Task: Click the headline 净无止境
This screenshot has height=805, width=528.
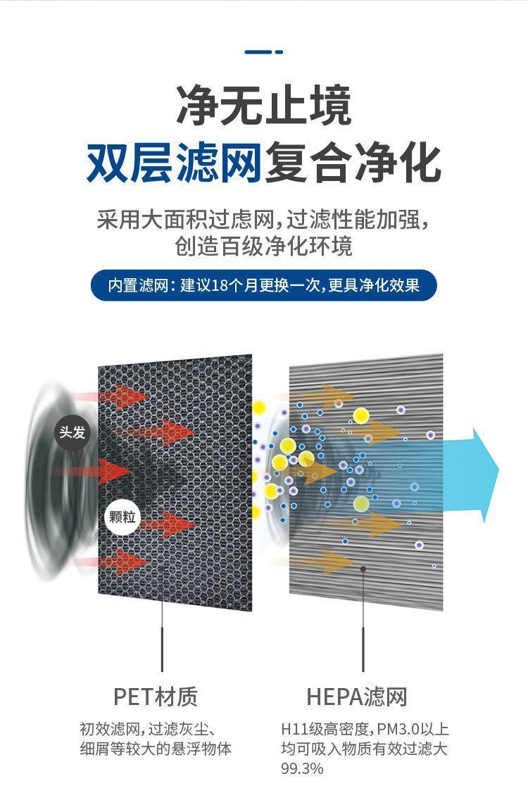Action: tap(264, 106)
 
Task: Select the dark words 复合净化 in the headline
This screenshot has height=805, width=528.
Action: tap(353, 163)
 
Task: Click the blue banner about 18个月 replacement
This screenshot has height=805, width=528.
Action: tap(264, 285)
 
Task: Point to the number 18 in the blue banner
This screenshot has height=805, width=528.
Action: tap(219, 285)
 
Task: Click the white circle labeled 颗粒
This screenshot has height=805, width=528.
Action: tap(122, 516)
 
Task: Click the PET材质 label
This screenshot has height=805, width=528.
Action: tap(156, 697)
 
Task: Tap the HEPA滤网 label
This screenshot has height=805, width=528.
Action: tap(357, 697)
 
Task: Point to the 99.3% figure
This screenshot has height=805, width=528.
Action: tap(302, 768)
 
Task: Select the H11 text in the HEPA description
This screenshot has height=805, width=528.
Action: tap(291, 729)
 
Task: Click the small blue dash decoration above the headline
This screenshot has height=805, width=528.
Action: tap(264, 52)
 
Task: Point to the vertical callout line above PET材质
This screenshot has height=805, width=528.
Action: tap(162, 619)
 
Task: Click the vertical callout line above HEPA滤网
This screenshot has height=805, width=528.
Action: tap(363, 619)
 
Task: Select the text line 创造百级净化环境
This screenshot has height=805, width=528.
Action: tap(264, 246)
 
